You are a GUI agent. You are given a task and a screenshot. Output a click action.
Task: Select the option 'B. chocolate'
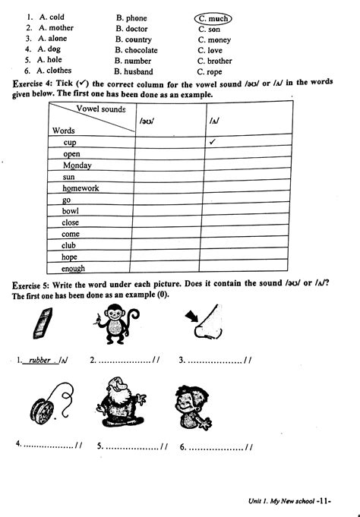click(x=137, y=50)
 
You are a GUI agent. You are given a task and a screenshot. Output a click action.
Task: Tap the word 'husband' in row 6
click(x=142, y=72)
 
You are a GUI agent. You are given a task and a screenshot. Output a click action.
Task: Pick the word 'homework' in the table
click(x=81, y=188)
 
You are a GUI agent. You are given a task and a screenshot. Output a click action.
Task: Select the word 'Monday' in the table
click(x=77, y=165)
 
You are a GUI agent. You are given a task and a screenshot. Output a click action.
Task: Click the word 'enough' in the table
click(x=74, y=268)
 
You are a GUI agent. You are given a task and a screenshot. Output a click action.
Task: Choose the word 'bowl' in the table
click(x=72, y=211)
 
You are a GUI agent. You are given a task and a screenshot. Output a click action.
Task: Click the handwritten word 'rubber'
click(x=39, y=361)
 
